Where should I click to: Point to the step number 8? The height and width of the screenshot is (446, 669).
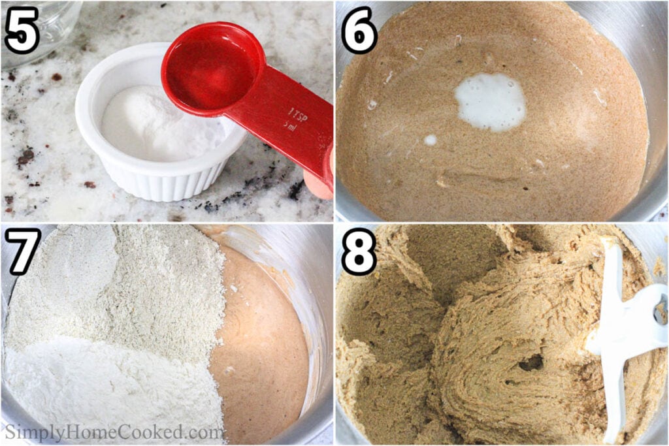click(359, 251)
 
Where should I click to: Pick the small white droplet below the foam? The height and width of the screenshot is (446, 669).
click(431, 140)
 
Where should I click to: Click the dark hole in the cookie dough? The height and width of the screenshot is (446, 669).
click(531, 363)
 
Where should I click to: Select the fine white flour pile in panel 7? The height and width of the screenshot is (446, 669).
click(106, 384)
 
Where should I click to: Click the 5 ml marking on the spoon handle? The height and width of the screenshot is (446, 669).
click(289, 127)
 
